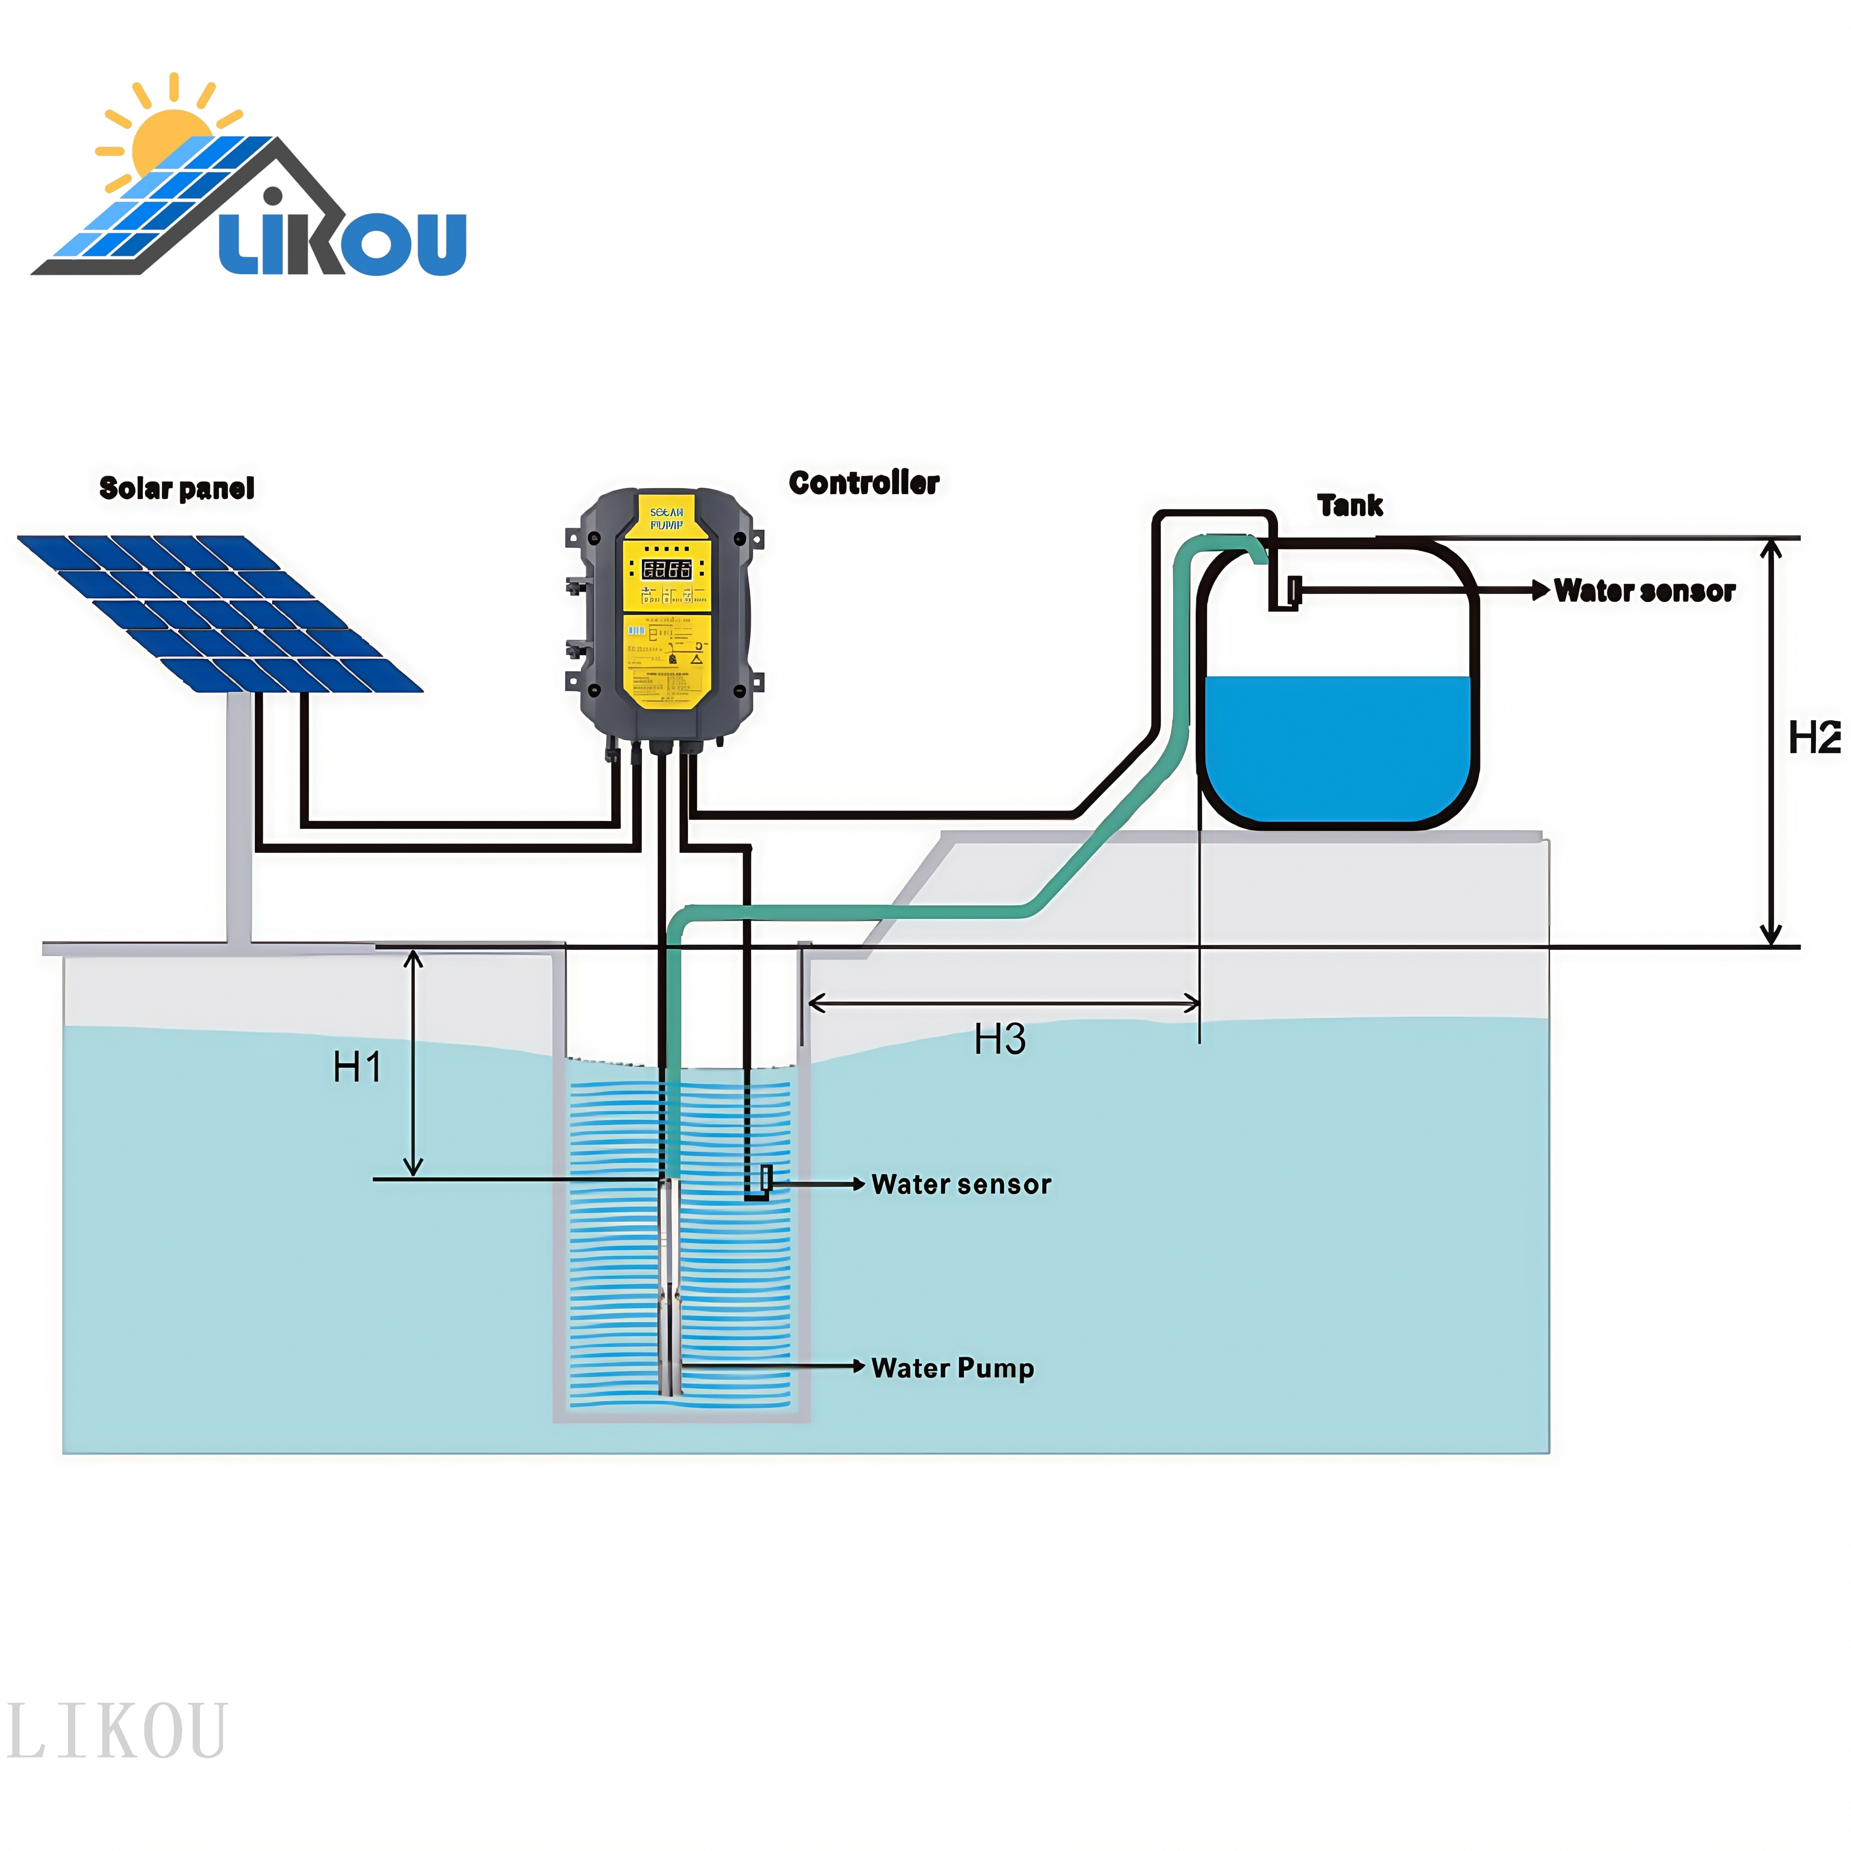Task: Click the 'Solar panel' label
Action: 177,489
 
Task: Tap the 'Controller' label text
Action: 863,483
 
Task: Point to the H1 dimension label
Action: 357,1066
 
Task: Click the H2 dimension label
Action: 1814,738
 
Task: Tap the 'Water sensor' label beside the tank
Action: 1644,591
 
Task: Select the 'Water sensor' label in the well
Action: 961,1184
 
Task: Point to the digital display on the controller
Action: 667,569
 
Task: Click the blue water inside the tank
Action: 1337,747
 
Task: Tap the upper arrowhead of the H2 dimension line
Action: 1771,548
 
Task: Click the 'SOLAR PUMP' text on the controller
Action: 667,518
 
